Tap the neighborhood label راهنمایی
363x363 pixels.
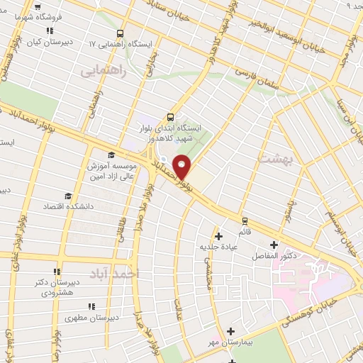click(x=104, y=71)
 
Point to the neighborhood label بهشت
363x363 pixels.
click(x=276, y=160)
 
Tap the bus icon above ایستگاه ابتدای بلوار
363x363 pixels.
click(x=170, y=118)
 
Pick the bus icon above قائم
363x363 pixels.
click(x=245, y=220)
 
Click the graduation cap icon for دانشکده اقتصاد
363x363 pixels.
click(x=68, y=196)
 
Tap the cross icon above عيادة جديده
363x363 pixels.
click(x=218, y=235)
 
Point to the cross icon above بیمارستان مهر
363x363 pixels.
click(x=230, y=331)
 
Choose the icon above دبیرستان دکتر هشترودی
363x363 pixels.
click(x=57, y=271)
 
